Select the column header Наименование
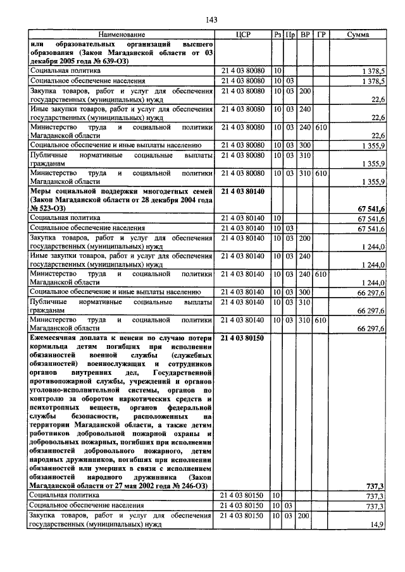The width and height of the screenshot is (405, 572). (x=121, y=34)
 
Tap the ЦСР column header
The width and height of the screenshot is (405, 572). (x=244, y=34)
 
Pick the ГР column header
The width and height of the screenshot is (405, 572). (x=321, y=34)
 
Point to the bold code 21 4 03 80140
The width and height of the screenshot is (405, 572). (x=244, y=190)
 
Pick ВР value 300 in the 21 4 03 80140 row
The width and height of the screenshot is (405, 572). (x=305, y=292)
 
